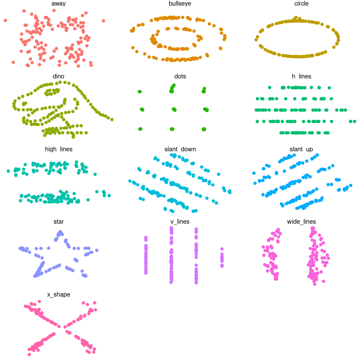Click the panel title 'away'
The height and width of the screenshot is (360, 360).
[59, 4]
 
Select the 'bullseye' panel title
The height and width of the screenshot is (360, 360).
[180, 4]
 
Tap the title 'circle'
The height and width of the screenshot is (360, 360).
[301, 4]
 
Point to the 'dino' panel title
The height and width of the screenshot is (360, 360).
[59, 76]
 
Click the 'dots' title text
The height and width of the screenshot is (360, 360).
[180, 76]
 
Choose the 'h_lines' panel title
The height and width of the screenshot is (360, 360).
[301, 76]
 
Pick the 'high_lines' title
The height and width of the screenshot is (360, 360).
[59, 149]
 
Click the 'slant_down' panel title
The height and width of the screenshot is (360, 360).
[180, 149]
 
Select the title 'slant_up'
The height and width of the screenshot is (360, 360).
[301, 149]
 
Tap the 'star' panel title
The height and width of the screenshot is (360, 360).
[59, 222]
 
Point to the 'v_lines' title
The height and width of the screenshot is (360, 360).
[180, 222]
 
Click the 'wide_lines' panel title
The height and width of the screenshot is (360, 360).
[301, 222]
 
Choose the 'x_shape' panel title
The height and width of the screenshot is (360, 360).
[59, 294]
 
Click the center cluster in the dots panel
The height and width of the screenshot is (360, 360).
[174, 109]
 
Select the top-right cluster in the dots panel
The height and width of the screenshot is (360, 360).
[204, 90]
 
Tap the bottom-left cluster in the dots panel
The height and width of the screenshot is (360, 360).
[140, 129]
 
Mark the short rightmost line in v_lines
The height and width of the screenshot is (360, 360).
[222, 258]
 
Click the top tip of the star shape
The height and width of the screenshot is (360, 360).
[60, 233]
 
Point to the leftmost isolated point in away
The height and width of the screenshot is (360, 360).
[5, 20]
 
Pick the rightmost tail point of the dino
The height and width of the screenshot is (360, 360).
[112, 119]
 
